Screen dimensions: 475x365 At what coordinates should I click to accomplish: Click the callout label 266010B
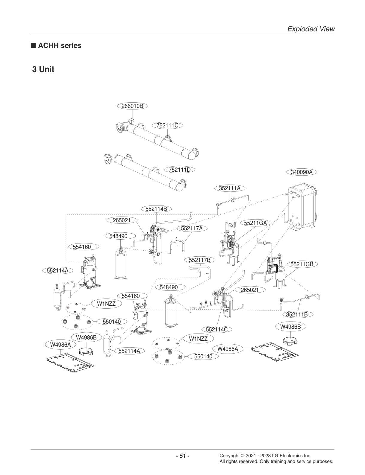132,106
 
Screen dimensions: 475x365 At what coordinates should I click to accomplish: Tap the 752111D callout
180,170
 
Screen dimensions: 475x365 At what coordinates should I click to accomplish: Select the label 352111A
230,188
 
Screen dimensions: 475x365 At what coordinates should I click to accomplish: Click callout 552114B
156,209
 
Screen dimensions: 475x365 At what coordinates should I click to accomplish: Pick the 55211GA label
255,223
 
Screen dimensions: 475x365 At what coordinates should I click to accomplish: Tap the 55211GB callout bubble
302,264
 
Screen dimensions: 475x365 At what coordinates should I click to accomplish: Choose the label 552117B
200,260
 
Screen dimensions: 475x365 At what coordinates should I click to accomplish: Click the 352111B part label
297,314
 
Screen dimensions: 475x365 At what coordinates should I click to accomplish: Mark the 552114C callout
217,329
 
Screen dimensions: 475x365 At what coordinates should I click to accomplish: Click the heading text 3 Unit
43,69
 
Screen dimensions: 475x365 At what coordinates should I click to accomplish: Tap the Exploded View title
311,29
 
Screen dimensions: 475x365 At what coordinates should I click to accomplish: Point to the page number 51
182,456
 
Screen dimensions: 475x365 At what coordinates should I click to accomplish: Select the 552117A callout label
192,228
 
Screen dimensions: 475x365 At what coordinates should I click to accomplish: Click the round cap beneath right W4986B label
290,340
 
